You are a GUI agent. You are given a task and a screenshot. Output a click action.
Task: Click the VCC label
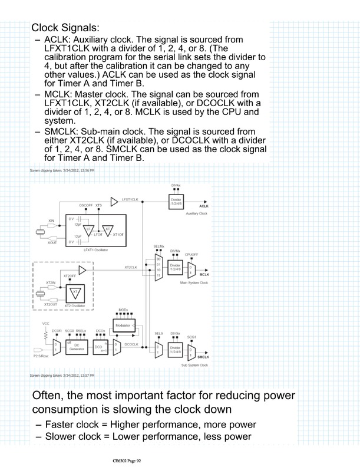coord(46,323)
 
